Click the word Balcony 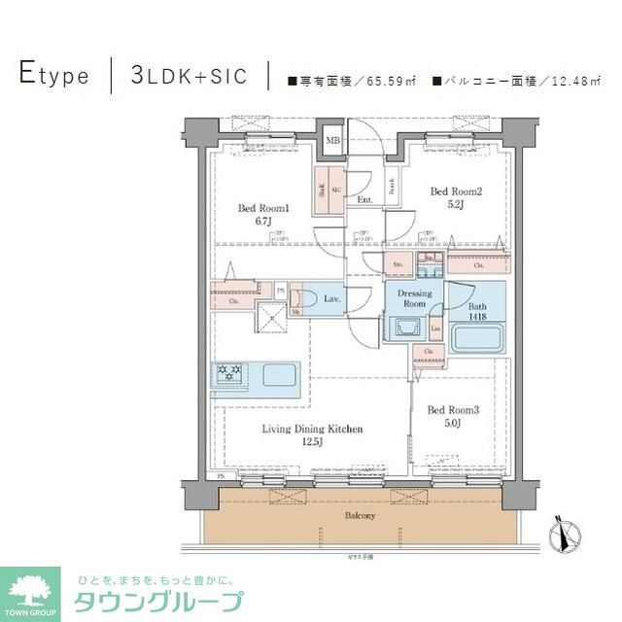pyautogui.click(x=359, y=514)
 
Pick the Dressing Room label pyautogui.click(x=414, y=298)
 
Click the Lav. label pyautogui.click(x=331, y=299)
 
